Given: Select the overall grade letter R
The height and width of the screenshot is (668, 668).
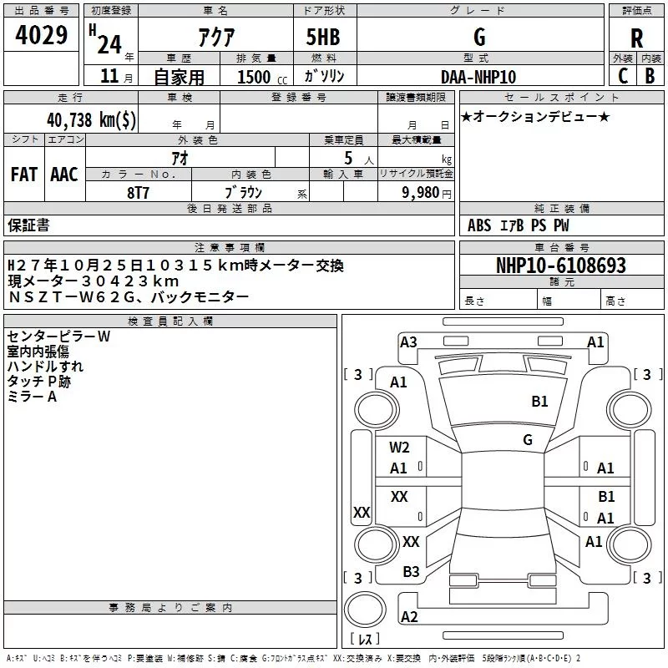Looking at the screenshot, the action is (636, 38).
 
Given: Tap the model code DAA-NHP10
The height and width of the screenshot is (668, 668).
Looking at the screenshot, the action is (478, 76).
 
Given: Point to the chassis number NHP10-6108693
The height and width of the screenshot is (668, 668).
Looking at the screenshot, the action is (560, 266).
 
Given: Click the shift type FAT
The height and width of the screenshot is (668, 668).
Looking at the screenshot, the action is (23, 175).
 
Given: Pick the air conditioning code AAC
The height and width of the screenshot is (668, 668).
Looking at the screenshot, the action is (63, 175).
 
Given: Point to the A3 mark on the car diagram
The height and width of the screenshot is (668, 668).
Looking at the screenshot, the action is (408, 342).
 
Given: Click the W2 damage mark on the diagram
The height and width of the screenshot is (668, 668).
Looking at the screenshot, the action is (399, 448).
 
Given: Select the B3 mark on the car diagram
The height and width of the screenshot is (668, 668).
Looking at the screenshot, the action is (411, 572).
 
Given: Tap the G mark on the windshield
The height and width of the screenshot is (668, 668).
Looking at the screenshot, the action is (528, 440).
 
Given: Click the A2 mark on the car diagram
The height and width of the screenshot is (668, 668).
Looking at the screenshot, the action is (409, 617).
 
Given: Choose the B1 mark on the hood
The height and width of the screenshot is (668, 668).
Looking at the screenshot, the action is (540, 402).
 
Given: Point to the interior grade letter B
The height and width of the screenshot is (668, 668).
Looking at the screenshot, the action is (650, 76).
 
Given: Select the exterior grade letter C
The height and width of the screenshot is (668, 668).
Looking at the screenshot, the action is (623, 76).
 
